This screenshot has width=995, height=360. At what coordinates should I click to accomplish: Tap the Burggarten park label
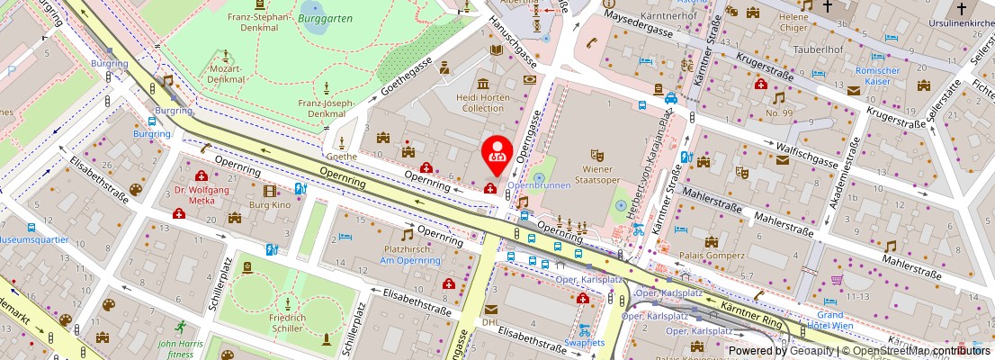click(326, 18)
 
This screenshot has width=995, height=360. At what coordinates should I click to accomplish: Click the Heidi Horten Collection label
click(483, 102)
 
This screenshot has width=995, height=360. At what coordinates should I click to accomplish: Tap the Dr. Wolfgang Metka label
click(202, 194)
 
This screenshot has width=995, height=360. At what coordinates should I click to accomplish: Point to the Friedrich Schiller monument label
click(287, 323)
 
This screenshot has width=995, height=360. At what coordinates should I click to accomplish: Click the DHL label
click(489, 321)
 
